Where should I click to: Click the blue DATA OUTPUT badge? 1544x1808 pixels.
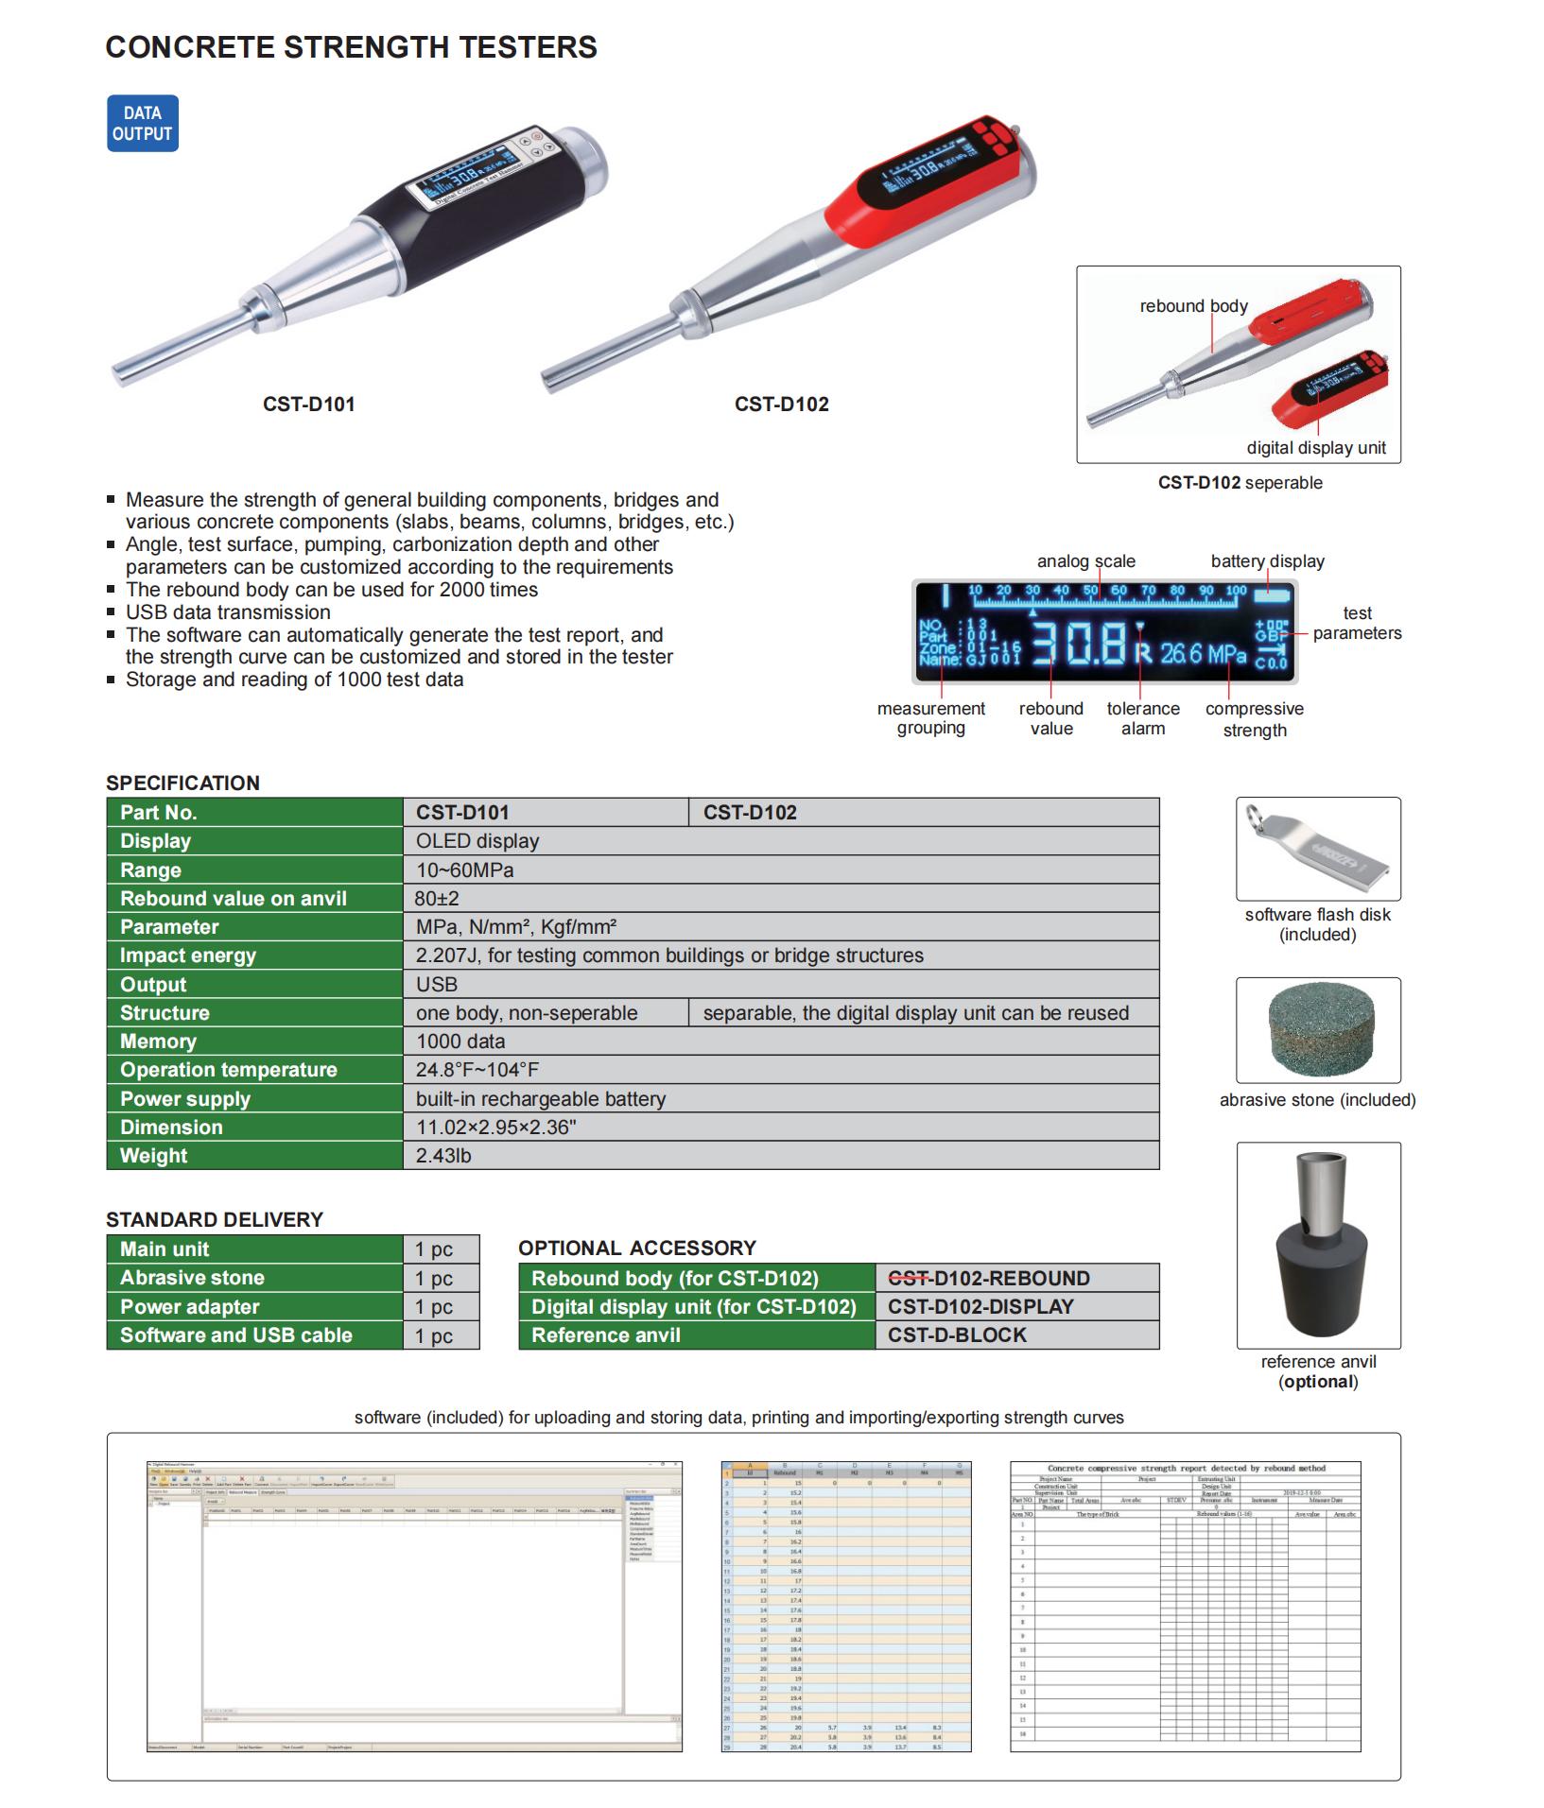[x=142, y=124]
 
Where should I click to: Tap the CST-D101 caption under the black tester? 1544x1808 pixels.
[x=308, y=404]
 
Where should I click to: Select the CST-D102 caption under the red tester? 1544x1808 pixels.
[x=781, y=404]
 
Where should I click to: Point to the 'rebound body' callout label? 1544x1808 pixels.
[x=1193, y=306]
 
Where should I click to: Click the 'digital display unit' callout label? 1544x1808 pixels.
[x=1316, y=448]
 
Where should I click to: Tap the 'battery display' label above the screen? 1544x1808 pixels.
[x=1267, y=561]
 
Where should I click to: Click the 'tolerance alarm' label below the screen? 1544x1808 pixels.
[x=1143, y=718]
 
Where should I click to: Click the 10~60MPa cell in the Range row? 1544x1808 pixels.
[x=465, y=870]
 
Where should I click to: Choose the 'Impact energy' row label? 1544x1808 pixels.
[x=188, y=956]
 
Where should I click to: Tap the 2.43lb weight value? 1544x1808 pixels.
[x=443, y=1156]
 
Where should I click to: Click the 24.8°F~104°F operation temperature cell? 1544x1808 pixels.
[x=477, y=1070]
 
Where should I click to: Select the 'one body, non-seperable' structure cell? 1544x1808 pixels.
[x=527, y=1013]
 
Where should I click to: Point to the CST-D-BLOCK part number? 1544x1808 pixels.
[x=957, y=1335]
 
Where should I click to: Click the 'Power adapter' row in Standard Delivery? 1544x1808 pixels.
[x=190, y=1307]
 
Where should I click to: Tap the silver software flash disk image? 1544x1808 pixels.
[x=1317, y=850]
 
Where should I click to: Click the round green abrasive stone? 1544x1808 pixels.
[x=1317, y=1030]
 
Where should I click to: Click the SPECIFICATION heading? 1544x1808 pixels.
[x=182, y=783]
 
